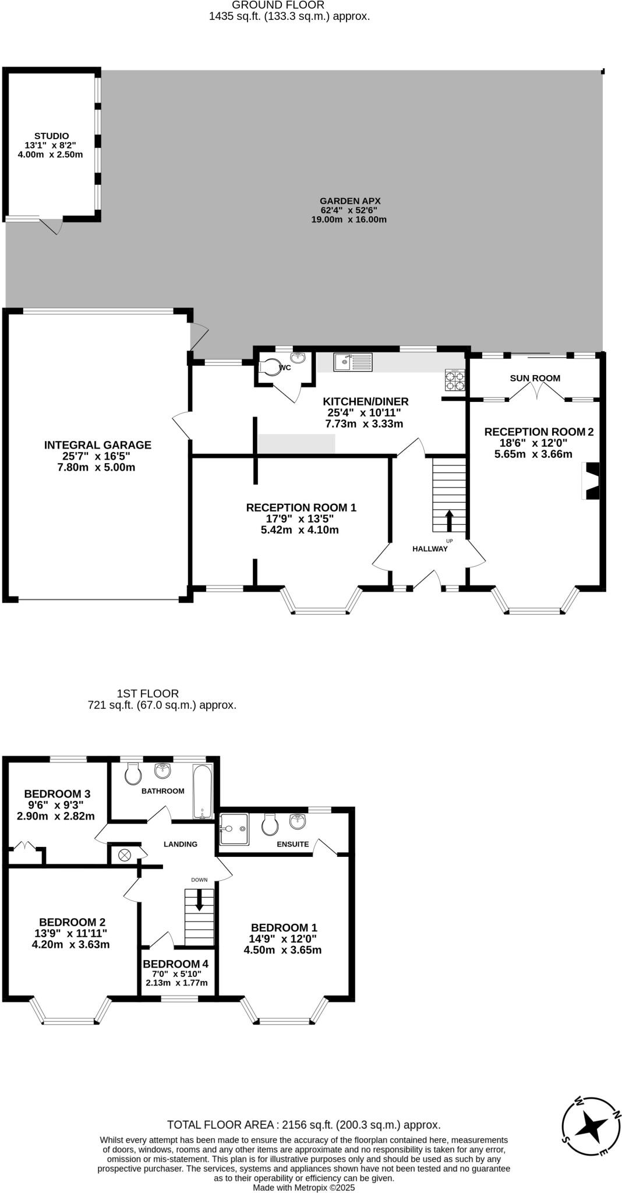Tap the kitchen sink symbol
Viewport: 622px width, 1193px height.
[353, 362]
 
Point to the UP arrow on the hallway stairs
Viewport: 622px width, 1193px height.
[449, 520]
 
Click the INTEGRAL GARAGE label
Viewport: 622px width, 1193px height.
[97, 445]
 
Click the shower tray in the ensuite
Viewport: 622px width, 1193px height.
[234, 829]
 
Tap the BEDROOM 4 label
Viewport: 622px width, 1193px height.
[175, 964]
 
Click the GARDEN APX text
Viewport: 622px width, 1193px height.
[350, 201]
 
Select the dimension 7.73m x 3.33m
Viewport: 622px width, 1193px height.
[364, 423]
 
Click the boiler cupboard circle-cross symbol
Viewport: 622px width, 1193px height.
[124, 855]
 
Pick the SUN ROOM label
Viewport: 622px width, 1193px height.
[535, 378]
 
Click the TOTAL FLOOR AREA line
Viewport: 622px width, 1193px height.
[303, 1125]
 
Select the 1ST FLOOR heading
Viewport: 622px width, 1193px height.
[148, 693]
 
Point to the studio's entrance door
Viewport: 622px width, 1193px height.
[51, 225]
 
